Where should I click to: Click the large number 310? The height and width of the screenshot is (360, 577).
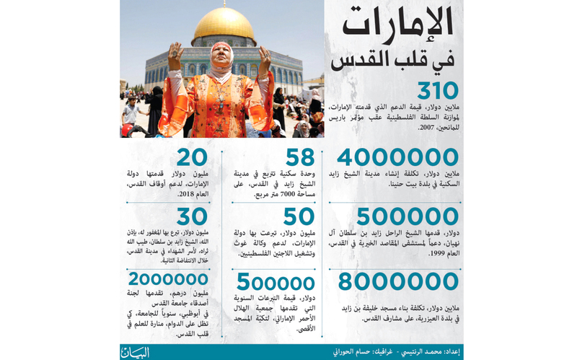point(430,92)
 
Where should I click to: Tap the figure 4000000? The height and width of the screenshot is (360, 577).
point(398,159)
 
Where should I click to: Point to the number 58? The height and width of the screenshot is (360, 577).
point(298,158)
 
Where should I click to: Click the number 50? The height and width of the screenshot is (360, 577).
point(298,216)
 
